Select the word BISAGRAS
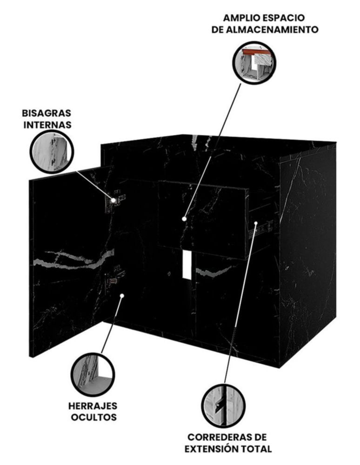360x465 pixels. pos(47,113)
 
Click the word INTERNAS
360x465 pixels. pos(47,125)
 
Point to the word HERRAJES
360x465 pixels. pos(93,405)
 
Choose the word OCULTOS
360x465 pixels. pos(93,417)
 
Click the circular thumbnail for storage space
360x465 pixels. pos(254,63)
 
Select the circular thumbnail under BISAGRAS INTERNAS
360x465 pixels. pos(52,152)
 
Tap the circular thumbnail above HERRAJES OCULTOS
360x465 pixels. pos(93,374)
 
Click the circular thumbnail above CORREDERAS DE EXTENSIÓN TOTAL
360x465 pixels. pos(224,405)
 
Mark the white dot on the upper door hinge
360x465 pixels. pos(113,200)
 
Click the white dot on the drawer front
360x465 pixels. pos(184,219)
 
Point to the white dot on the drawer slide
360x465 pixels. pos(256,223)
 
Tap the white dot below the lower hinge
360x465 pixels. pos(122,295)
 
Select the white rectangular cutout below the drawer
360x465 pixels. pos(187,265)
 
